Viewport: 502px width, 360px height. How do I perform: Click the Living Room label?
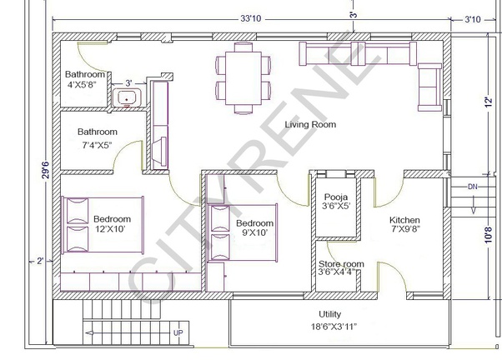[310, 124]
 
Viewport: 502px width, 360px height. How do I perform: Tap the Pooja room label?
[336, 197]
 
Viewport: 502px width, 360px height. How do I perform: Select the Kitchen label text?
[404, 220]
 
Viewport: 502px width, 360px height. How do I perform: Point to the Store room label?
[341, 264]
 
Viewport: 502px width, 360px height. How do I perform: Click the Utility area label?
[329, 314]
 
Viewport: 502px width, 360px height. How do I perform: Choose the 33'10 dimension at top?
[251, 18]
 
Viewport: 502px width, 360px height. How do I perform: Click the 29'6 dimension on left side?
[47, 170]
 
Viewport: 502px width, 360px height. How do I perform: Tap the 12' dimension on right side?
[488, 102]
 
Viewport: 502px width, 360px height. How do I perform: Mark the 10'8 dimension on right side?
[488, 235]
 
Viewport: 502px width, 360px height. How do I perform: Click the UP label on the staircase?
[178, 332]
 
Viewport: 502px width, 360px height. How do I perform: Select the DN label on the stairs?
[473, 187]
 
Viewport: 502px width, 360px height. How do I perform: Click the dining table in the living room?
[243, 78]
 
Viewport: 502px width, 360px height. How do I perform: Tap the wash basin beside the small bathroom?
[127, 97]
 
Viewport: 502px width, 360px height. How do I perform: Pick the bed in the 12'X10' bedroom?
[103, 225]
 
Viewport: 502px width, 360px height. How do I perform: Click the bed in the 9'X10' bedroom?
[243, 232]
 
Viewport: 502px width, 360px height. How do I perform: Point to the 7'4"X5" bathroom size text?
[97, 146]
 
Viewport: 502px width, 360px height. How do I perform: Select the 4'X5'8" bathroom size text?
[82, 85]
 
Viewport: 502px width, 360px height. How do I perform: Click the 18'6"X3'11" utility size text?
[334, 327]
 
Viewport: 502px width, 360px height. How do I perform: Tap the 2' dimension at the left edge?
[40, 261]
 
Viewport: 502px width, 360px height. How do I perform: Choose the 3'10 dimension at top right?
[473, 19]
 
